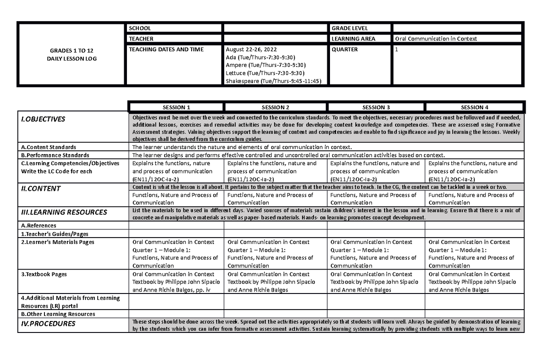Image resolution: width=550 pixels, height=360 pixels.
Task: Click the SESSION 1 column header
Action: (x=176, y=107)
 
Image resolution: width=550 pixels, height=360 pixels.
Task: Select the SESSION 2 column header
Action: (x=275, y=107)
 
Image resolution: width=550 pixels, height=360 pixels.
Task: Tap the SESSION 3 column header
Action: (x=376, y=107)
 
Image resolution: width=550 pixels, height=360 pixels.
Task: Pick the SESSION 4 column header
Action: (x=474, y=107)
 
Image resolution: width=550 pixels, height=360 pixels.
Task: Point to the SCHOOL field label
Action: (x=140, y=28)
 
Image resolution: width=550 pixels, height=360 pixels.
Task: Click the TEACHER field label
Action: (x=141, y=39)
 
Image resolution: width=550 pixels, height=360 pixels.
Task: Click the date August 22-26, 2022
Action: (x=251, y=50)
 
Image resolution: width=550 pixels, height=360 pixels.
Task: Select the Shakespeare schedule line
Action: (x=274, y=81)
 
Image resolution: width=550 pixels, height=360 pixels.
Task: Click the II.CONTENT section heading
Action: (x=40, y=188)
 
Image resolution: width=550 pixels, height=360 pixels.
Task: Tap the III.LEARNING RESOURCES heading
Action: (x=64, y=212)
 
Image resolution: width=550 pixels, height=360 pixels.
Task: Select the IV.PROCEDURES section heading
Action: (x=47, y=324)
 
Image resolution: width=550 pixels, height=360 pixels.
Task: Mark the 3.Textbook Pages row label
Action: (x=44, y=274)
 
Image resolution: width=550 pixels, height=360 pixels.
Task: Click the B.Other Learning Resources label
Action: (x=58, y=314)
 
